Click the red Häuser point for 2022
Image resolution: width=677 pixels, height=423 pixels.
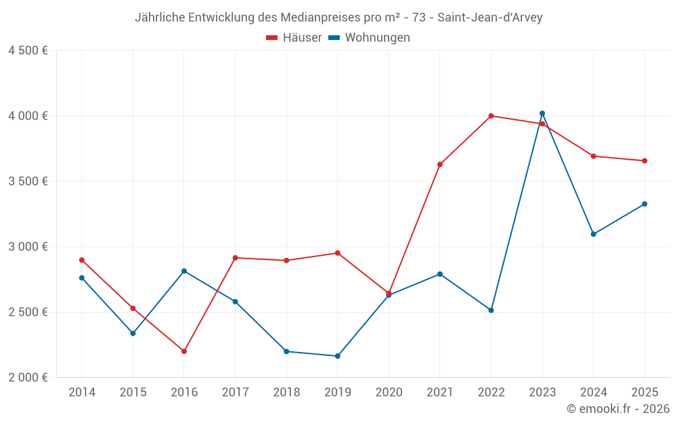coord(491,116)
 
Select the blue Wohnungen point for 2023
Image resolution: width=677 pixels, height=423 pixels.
coord(542,113)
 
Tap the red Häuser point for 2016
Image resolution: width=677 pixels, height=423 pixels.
coord(184,351)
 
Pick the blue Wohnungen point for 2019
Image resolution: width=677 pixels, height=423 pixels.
coord(337,356)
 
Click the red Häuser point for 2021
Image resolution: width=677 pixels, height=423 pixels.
coord(440,164)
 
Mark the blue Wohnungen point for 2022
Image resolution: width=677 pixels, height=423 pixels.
coord(491,310)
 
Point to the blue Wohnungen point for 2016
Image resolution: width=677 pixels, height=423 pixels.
coord(184,271)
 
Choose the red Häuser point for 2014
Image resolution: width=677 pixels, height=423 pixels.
coord(82,260)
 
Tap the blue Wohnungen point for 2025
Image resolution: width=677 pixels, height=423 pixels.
coord(645,204)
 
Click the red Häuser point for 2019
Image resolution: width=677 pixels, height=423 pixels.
coord(337,253)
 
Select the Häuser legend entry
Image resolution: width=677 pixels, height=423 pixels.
coord(294,38)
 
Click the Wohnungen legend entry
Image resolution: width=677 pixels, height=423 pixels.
coord(370,38)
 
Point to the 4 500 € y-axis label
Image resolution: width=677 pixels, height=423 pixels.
coord(28,51)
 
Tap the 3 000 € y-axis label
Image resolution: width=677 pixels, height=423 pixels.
coord(28,247)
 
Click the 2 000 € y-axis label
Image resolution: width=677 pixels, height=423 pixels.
coord(28,378)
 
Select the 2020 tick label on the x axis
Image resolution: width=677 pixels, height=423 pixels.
coord(389,393)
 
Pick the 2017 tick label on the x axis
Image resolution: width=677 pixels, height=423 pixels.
coord(235,393)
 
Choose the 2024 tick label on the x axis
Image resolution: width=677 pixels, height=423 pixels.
coord(593,393)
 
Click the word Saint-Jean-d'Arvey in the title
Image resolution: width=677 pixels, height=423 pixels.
coord(489,17)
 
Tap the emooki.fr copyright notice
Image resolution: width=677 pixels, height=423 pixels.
coord(617,409)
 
